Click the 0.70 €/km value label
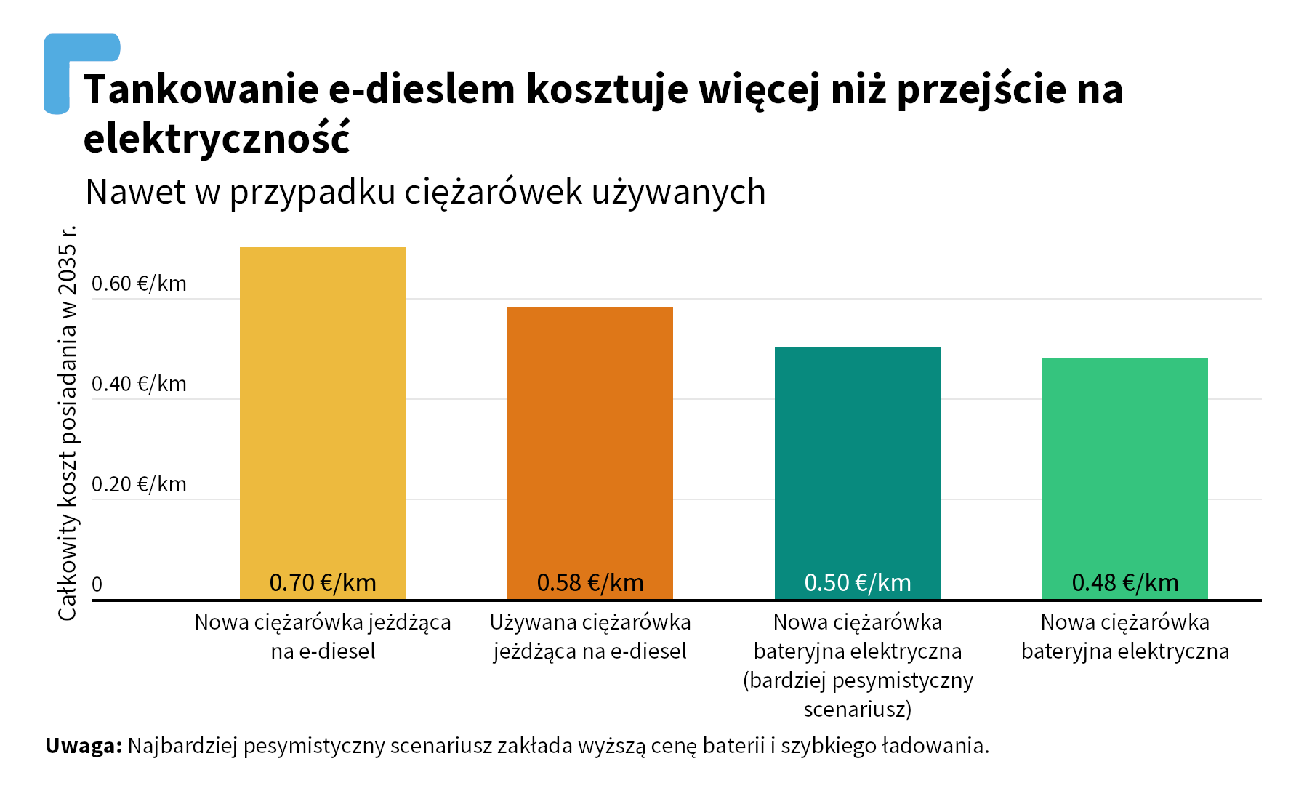[x=323, y=583]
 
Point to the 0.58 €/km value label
[x=590, y=583]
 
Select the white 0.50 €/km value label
[x=858, y=583]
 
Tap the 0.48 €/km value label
[x=1125, y=583]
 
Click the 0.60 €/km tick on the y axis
[x=139, y=284]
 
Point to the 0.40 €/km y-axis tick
[x=139, y=384]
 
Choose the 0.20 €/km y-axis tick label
[x=139, y=484]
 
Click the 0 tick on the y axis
[x=97, y=584]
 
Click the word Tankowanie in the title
[x=200, y=89]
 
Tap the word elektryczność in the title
[x=217, y=138]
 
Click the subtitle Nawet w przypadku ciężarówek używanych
[x=425, y=192]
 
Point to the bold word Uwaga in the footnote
[x=83, y=746]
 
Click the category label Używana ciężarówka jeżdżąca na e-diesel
[x=589, y=637]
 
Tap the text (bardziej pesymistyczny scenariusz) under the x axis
[x=858, y=694]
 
